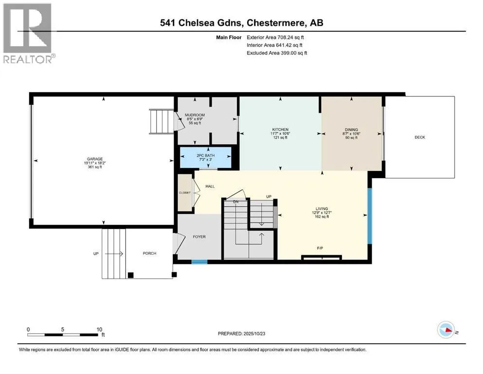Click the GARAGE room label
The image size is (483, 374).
94,159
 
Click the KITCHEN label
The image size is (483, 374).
280,130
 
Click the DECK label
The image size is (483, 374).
419,137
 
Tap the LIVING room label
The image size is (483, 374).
321,212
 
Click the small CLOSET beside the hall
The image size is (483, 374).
184,192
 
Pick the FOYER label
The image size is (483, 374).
199,237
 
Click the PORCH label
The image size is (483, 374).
149,253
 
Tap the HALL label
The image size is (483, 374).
210,186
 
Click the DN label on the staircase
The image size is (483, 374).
235,201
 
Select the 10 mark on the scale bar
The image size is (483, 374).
99,329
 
